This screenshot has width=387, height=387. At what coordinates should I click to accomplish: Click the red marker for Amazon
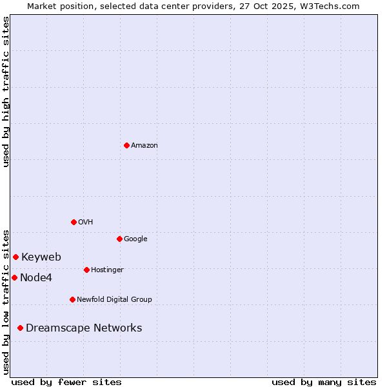coord(126,145)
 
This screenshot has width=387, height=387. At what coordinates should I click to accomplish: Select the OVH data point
coord(74,222)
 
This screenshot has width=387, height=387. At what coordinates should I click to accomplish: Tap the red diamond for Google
coord(119,239)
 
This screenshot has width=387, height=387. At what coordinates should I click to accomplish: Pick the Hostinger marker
coord(86,270)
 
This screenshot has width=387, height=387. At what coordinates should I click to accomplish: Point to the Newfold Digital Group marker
coord(72,299)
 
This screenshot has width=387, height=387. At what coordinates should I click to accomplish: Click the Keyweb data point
coord(15,257)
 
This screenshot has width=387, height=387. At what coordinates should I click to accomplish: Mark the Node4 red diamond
coord(14,277)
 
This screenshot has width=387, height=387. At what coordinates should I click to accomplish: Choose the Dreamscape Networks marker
coord(20,328)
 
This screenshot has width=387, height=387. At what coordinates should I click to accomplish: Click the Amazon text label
coord(144,146)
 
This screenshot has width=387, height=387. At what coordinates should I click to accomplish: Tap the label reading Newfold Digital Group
coord(114,299)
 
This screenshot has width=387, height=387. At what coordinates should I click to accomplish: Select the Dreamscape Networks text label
coord(84,328)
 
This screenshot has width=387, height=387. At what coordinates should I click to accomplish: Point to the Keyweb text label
coord(41,257)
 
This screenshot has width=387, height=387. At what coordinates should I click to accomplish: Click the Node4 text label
coord(36,278)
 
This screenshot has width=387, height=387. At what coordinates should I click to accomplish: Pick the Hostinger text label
coord(107,270)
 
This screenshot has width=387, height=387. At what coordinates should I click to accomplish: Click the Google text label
coord(135,239)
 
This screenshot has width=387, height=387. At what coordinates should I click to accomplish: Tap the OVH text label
coord(86,222)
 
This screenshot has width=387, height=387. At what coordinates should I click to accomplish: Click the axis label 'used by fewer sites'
coord(66,382)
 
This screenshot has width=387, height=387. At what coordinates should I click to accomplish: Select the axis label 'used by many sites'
coord(324,382)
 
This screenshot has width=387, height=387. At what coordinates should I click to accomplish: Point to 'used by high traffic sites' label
coord(6,92)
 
